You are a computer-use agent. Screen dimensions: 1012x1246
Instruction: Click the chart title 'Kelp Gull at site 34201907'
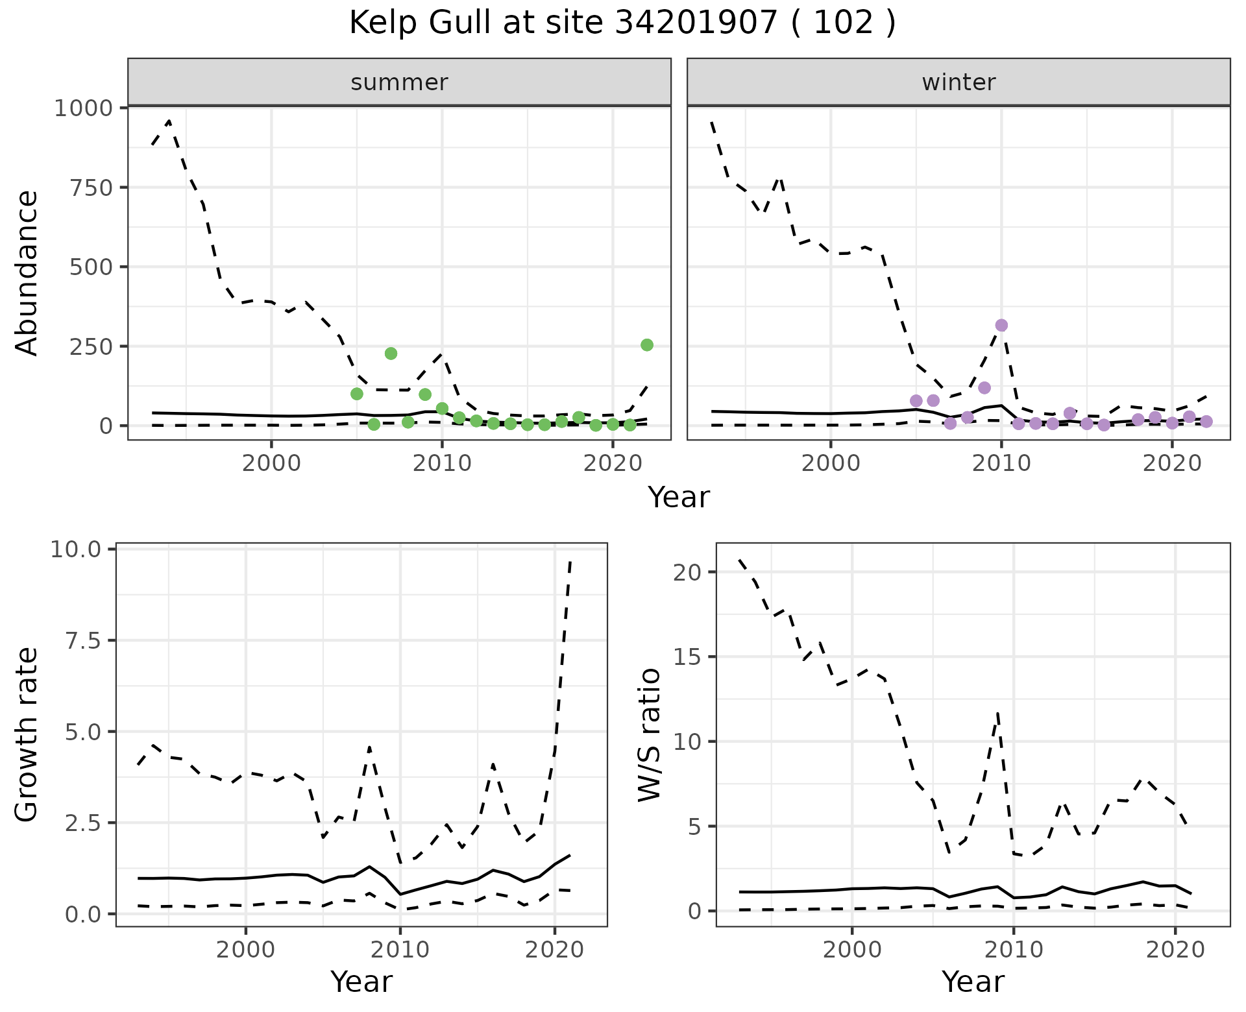pos(622,23)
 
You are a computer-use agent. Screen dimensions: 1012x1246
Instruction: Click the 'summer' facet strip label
pos(399,82)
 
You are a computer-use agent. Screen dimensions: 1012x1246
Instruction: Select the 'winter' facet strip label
pos(959,82)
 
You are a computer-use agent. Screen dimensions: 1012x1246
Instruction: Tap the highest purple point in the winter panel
pos(1001,325)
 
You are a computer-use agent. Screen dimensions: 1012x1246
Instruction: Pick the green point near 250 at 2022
pos(647,345)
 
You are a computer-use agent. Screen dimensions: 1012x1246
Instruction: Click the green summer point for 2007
pos(391,354)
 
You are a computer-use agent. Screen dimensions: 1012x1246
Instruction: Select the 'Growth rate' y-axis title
pos(27,735)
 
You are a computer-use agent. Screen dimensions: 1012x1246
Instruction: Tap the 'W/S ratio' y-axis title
pos(649,735)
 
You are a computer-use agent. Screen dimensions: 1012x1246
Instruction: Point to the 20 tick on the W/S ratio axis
pos(687,572)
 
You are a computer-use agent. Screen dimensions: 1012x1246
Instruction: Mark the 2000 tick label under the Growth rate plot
pos(245,950)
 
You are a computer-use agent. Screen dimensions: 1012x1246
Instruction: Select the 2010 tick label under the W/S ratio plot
pos(1014,950)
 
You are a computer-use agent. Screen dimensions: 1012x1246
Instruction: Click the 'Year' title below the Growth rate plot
pos(361,982)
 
